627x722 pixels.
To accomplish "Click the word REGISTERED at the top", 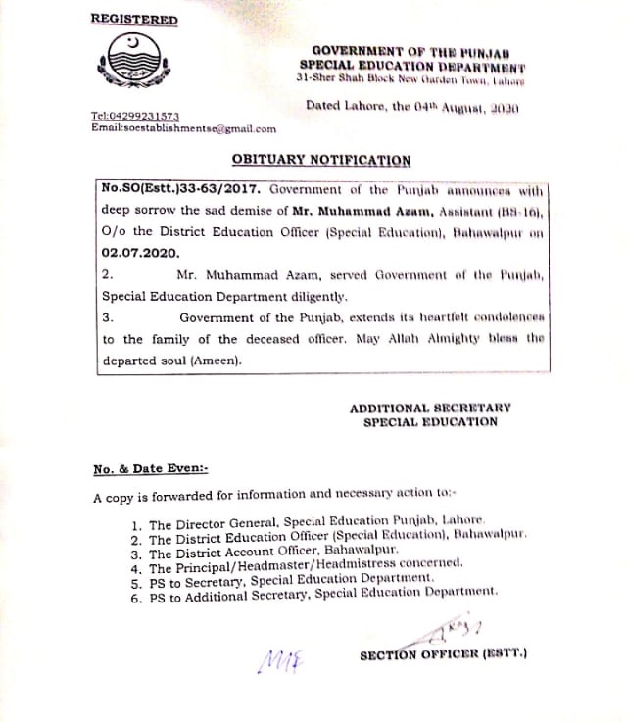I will [134, 20].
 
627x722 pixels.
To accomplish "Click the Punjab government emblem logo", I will [136, 64].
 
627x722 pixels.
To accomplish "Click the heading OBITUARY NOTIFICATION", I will [321, 159].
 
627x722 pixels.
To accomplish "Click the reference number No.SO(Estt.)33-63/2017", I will [181, 188].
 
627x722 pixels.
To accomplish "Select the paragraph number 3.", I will [108, 317].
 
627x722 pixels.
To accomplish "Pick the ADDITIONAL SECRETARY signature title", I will [430, 408].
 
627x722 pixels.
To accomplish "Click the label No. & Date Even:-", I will [150, 469].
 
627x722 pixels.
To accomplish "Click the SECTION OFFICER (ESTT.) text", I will [443, 654].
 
